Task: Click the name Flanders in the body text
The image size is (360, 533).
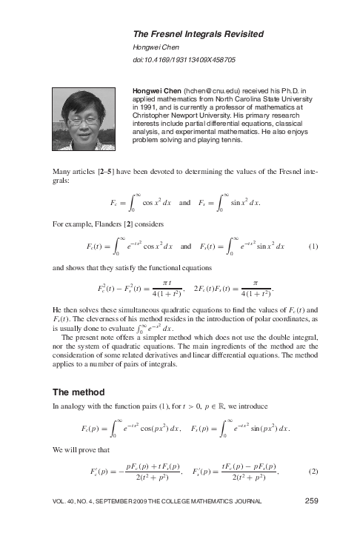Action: click(106, 223)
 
